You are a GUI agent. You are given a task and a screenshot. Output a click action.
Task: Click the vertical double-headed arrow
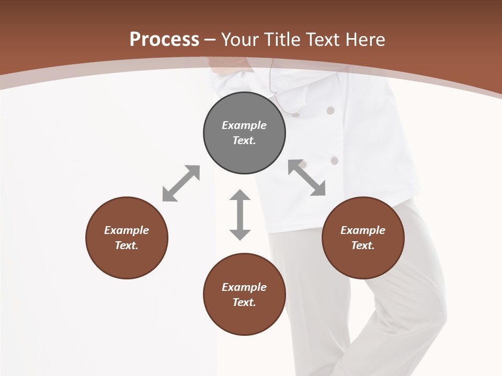click(x=240, y=215)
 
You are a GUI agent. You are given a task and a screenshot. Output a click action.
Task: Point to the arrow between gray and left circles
click(x=181, y=183)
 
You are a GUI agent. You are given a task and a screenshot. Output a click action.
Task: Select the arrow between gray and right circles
click(x=307, y=178)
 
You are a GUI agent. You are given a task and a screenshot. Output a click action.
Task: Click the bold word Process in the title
click(x=164, y=39)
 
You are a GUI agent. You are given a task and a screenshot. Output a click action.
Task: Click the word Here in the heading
click(x=364, y=39)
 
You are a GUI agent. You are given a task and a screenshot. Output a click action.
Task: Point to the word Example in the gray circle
click(x=244, y=125)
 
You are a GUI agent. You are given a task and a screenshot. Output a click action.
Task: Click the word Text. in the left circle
click(x=127, y=245)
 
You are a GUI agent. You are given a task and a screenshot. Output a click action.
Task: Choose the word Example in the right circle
click(x=363, y=230)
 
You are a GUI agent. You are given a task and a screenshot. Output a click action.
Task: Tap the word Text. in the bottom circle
click(x=244, y=302)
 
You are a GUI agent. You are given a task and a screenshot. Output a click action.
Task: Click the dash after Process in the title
click(x=210, y=40)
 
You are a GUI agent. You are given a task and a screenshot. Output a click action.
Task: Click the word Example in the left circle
click(x=127, y=230)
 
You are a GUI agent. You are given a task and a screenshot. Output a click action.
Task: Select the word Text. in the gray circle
click(x=244, y=140)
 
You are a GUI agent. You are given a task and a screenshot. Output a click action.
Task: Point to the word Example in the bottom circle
click(x=244, y=287)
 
